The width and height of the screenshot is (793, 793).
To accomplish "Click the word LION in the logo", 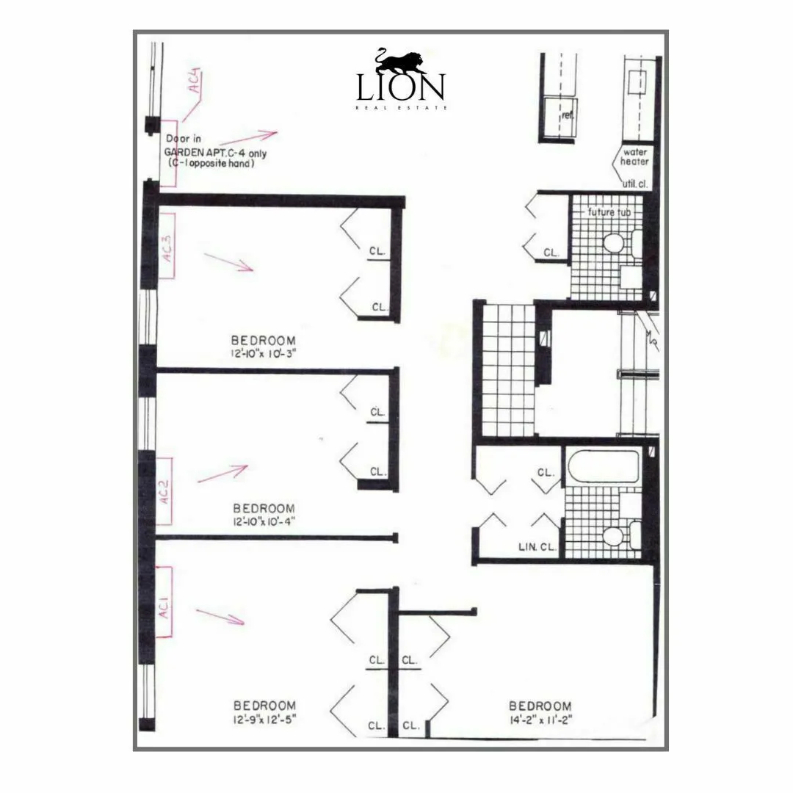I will tap(400, 88).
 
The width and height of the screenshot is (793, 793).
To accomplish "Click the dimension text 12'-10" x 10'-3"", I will tap(263, 352).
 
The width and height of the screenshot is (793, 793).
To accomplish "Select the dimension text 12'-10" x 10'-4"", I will tap(264, 521).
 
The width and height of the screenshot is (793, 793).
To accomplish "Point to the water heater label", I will tap(635, 156).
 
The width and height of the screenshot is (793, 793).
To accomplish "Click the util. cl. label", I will tap(634, 184).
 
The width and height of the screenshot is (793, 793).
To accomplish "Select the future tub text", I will tap(609, 212).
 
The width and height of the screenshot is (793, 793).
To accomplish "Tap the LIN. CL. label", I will tap(537, 547).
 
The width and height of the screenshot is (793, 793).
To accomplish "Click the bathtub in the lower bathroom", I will tap(602, 466).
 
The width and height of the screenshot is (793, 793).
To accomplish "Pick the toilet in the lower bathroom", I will tap(615, 534).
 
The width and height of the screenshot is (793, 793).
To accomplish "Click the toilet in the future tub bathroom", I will tap(614, 242).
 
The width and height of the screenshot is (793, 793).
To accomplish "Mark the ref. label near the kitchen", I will tap(567, 115).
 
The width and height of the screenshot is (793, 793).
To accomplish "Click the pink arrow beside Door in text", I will tap(257, 135).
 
